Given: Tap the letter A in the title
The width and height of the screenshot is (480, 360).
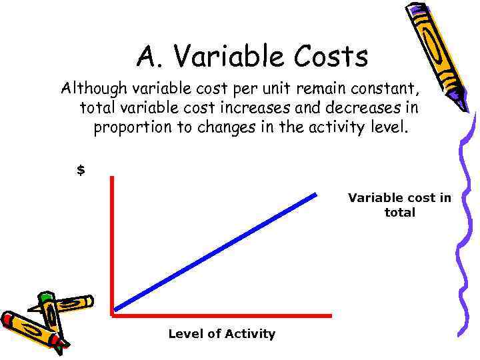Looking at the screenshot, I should (146, 57).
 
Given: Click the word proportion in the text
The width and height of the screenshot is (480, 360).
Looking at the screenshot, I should (133, 127).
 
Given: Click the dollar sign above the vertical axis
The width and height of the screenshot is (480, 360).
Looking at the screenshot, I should (81, 170).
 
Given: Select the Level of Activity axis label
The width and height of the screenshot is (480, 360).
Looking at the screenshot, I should (221, 334).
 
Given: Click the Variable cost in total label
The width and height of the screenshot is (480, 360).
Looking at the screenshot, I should (399, 205).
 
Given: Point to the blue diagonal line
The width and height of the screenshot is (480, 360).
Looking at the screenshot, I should (215, 251).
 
